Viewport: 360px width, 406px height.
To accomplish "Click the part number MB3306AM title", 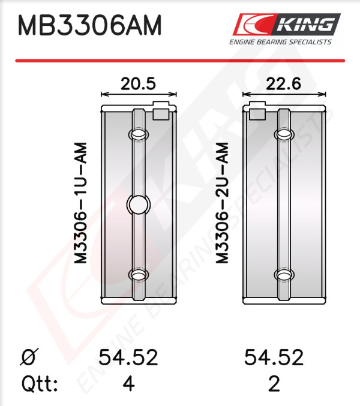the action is click(x=89, y=25).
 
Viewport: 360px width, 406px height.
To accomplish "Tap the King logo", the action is click(x=286, y=24).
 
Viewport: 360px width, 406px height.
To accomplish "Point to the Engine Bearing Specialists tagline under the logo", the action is click(x=280, y=42).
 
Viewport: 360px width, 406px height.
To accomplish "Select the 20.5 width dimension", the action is click(x=139, y=83).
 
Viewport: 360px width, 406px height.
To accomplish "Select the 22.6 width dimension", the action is click(x=284, y=83).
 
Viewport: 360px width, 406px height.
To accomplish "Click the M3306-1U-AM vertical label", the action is click(x=80, y=203).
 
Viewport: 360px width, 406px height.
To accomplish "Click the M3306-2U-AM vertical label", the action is click(x=223, y=203).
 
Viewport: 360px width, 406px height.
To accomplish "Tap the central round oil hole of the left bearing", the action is click(x=139, y=204).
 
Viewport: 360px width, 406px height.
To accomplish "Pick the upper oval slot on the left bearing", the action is click(x=139, y=134).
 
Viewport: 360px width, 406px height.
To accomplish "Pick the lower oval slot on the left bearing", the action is click(x=139, y=275).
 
